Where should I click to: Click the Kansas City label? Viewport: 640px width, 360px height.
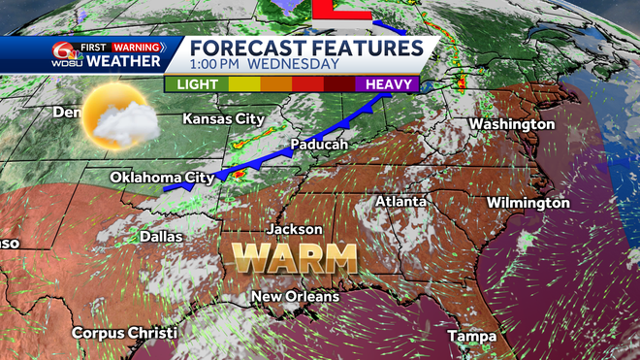(x=223, y=118)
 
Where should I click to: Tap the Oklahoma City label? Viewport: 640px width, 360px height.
(x=161, y=178)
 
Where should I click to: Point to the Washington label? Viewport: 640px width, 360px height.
(x=511, y=124)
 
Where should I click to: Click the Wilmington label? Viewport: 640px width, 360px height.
(x=528, y=203)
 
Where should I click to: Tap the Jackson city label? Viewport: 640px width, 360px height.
(x=296, y=230)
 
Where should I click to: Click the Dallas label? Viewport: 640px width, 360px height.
(x=160, y=235)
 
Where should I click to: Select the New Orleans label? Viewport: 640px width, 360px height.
(x=295, y=296)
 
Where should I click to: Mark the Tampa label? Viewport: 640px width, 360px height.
(x=471, y=336)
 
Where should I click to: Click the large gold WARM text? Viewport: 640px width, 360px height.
(x=295, y=259)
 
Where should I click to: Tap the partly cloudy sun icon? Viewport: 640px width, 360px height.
(x=118, y=116)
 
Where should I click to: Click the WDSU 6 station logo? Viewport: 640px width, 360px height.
(x=64, y=54)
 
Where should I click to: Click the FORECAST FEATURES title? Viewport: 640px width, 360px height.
(x=305, y=48)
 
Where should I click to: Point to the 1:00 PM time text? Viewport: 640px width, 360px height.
(x=214, y=64)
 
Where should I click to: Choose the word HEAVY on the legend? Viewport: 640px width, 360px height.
(x=386, y=84)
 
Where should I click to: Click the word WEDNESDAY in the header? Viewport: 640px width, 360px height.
(x=293, y=64)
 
